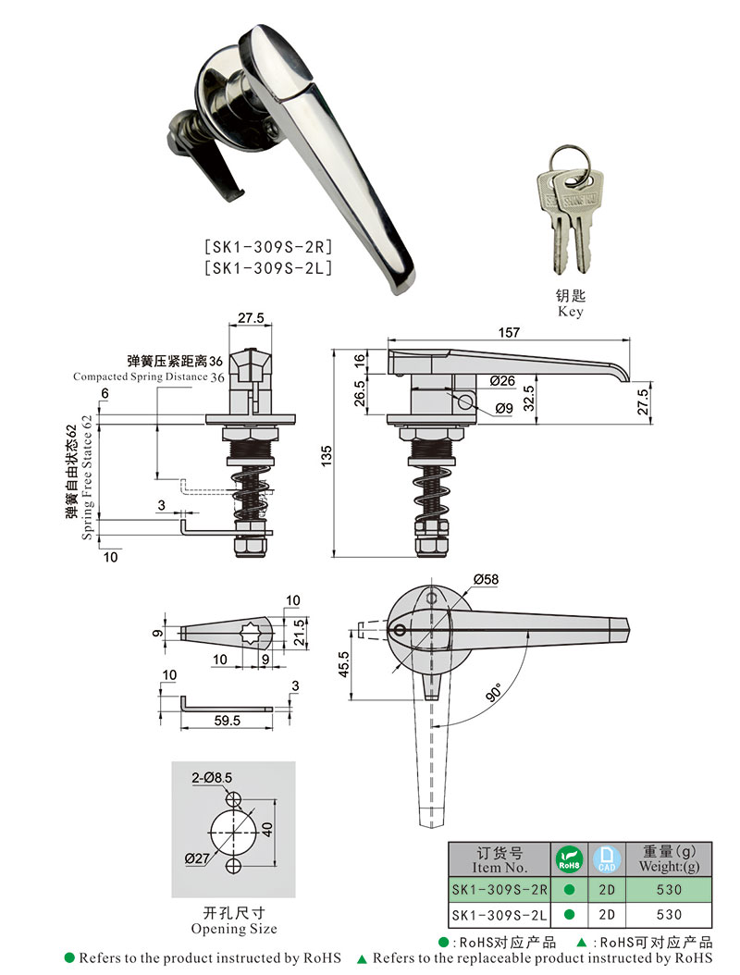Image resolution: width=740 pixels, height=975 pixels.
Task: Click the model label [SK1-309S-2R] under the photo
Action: tap(267, 248)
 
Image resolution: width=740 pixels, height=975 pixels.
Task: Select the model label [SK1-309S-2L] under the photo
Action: tap(267, 268)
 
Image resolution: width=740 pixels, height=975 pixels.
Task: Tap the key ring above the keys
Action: tap(564, 156)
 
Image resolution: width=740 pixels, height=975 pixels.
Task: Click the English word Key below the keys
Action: tap(571, 313)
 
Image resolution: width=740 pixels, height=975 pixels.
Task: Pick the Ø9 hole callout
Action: tap(504, 408)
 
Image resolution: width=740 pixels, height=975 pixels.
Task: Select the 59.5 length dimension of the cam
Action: tap(227, 719)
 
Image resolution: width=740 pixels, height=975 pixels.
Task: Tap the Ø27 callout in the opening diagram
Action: tap(197, 858)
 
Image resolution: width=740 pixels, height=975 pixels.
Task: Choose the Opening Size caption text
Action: tap(233, 928)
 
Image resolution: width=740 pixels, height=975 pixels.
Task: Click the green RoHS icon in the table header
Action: tap(569, 859)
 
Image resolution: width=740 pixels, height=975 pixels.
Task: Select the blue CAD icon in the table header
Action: tap(606, 859)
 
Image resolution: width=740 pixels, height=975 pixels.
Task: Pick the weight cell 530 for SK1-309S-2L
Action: tap(669, 914)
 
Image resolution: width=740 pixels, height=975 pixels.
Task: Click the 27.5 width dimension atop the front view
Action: tap(251, 318)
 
